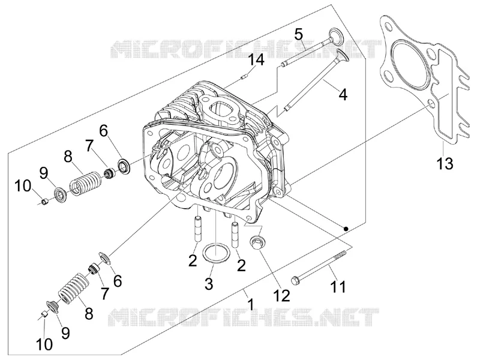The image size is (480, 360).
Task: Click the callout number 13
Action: tap(444, 164)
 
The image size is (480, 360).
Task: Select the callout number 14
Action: tap(256, 60)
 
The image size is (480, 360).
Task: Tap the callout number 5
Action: tap(298, 34)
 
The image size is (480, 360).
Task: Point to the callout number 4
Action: tap(343, 94)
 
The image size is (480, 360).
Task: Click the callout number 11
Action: tap(338, 287)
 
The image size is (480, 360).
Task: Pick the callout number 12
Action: tap(281, 295)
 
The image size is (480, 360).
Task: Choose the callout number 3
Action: tap(209, 284)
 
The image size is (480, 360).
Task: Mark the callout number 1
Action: tap(251, 305)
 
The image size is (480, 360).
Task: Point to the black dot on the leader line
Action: tap(346, 229)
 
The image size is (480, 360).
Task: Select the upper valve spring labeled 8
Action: tap(85, 183)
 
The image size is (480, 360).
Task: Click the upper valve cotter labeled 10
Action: tap(45, 202)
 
